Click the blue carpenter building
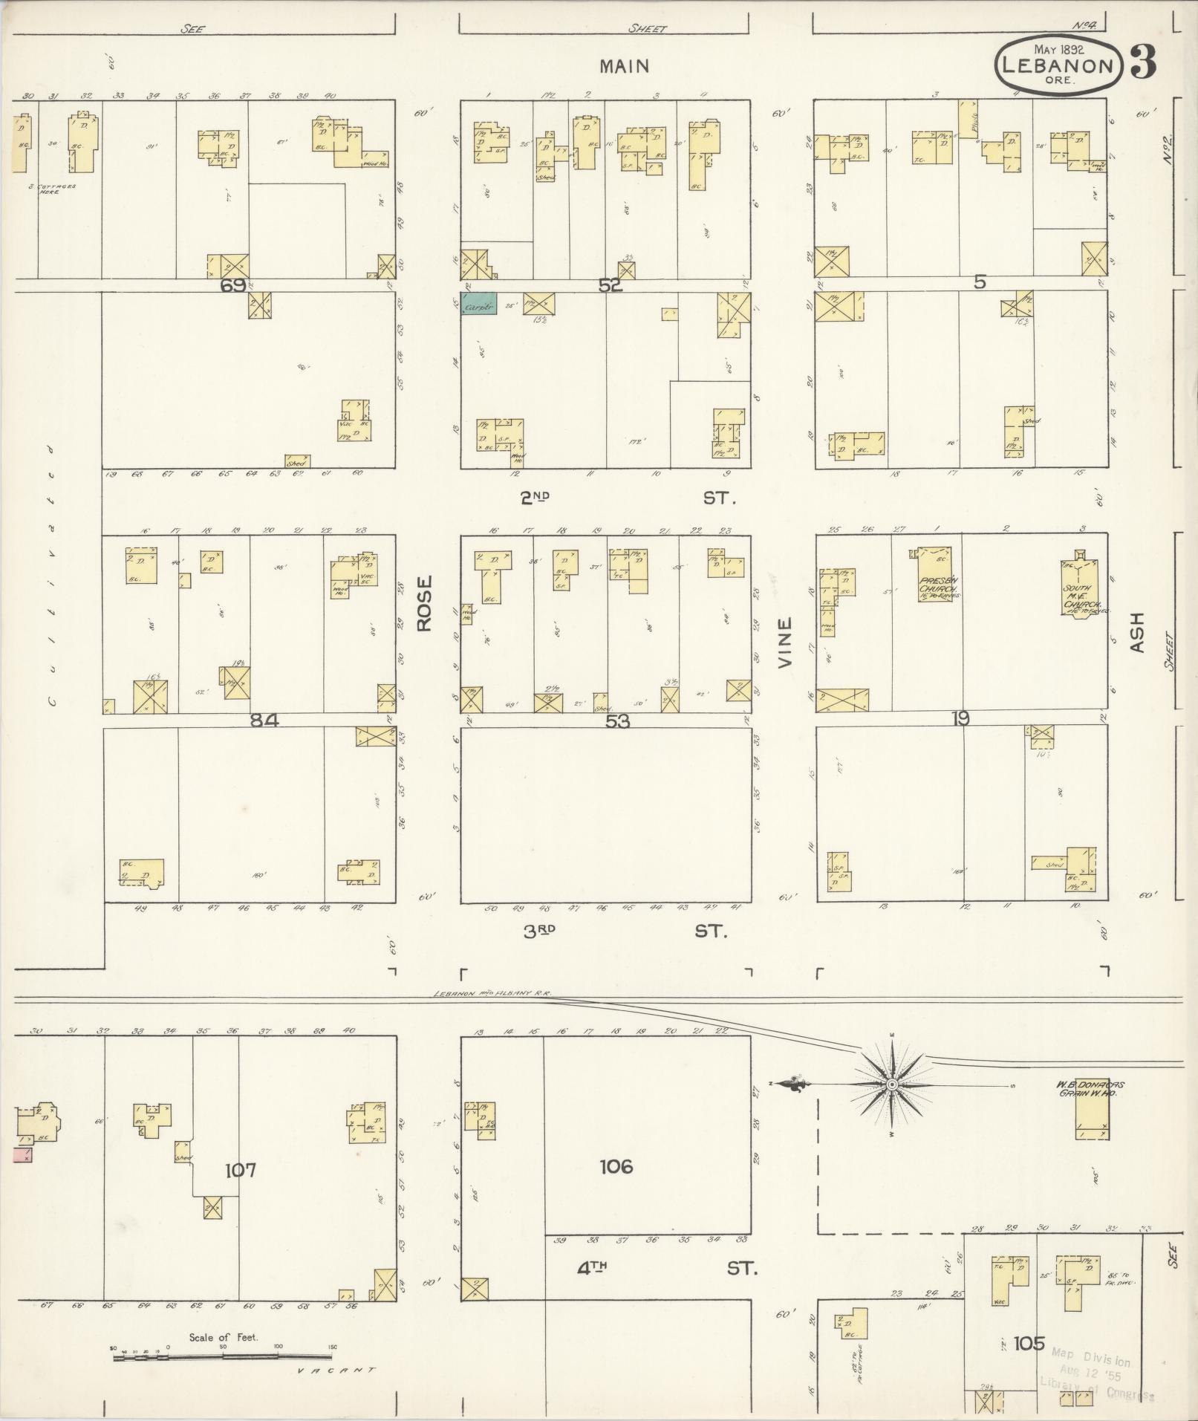click(479, 303)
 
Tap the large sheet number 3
click(1143, 65)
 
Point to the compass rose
click(892, 1085)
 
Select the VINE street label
click(785, 642)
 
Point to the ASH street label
click(1138, 632)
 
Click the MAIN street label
click(625, 66)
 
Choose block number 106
click(616, 1167)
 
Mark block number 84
click(264, 719)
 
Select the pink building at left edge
click(22, 1175)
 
